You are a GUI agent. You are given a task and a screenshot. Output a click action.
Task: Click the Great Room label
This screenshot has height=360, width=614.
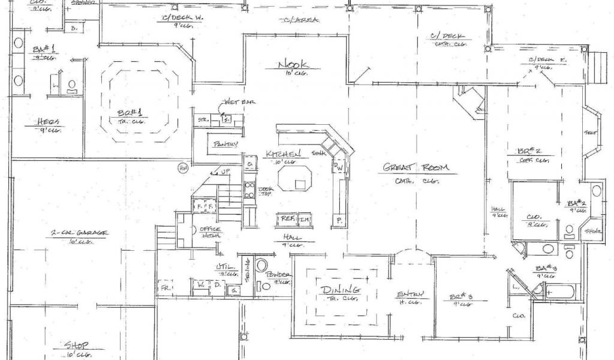point(416,168)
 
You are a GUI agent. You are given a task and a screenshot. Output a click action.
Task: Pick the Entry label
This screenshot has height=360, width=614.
point(410,294)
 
